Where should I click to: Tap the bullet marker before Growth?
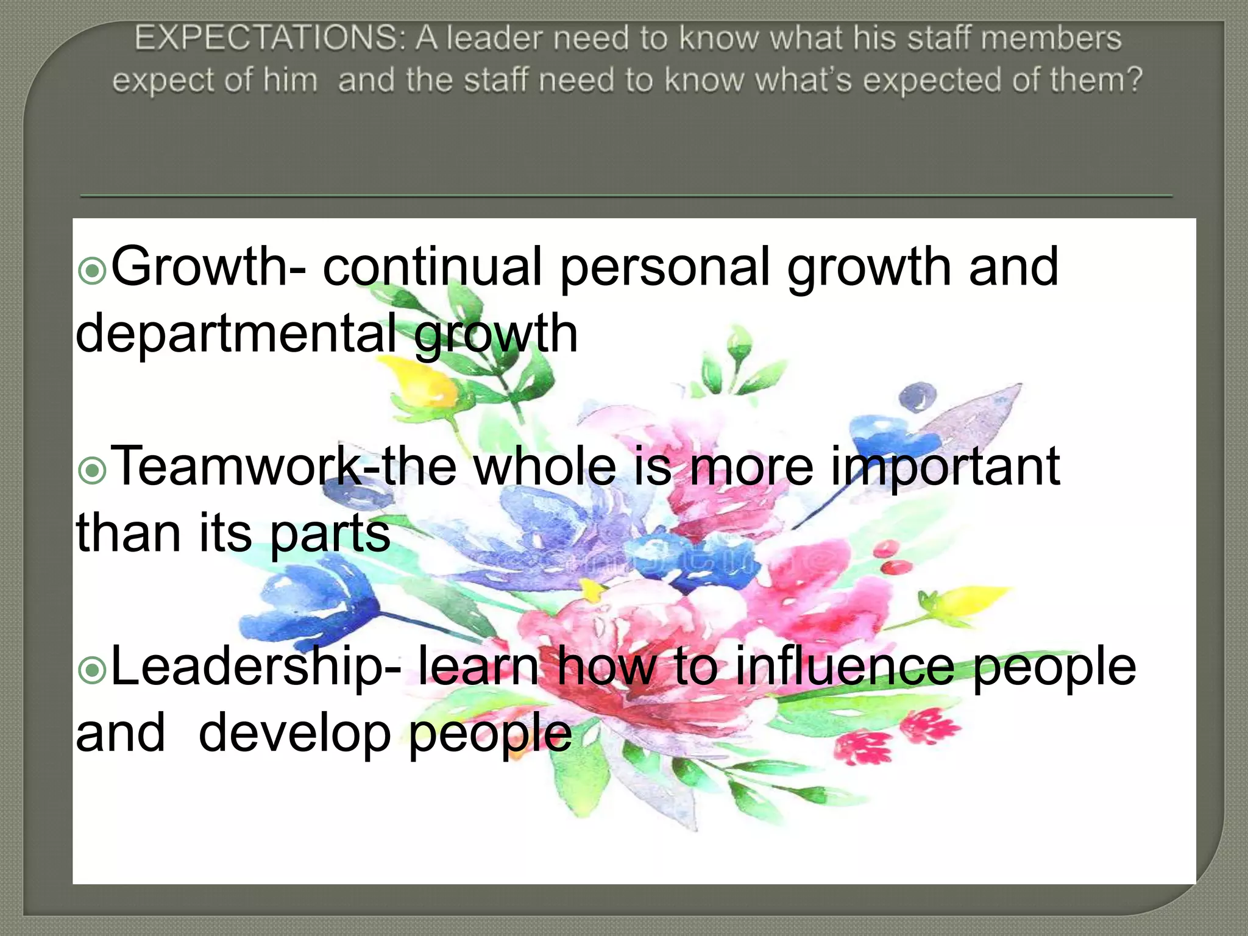click(x=93, y=271)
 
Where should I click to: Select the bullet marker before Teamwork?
click(x=93, y=470)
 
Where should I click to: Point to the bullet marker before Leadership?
click(x=93, y=671)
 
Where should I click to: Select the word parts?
click(x=329, y=534)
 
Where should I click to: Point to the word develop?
click(x=294, y=734)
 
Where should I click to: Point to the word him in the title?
click(x=290, y=80)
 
